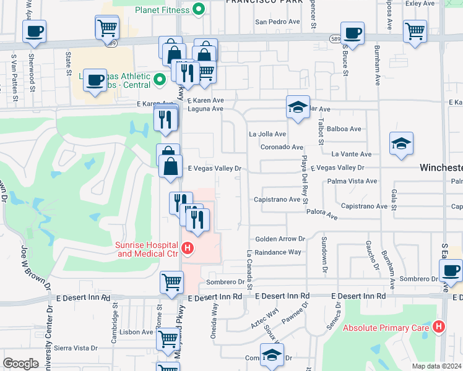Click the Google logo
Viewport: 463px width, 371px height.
pos(20,364)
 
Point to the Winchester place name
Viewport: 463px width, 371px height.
pos(441,168)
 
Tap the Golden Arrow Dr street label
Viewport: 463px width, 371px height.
pos(280,239)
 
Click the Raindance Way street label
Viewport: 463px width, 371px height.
pos(277,252)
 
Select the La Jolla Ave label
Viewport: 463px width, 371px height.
pos(267,134)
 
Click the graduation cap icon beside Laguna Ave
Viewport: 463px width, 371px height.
pos(298,107)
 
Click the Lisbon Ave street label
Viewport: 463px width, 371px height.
pos(138,332)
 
